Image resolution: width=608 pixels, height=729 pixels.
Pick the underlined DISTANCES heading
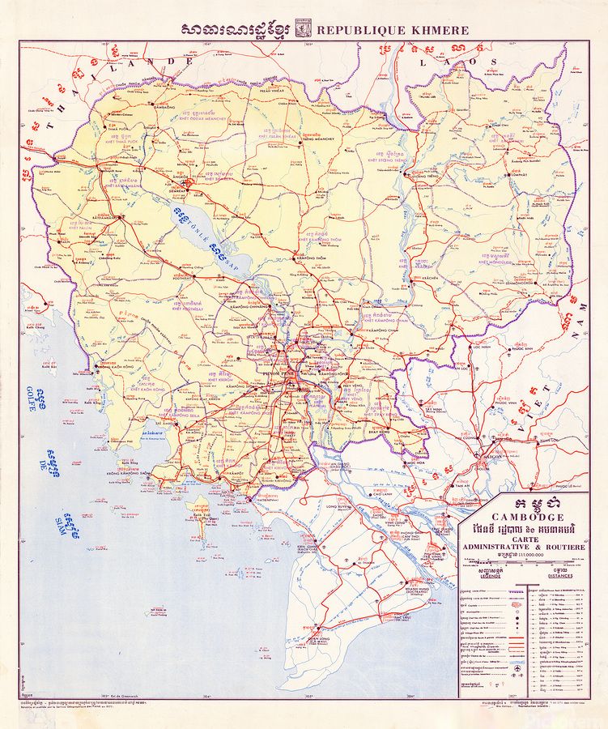pos(559,576)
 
